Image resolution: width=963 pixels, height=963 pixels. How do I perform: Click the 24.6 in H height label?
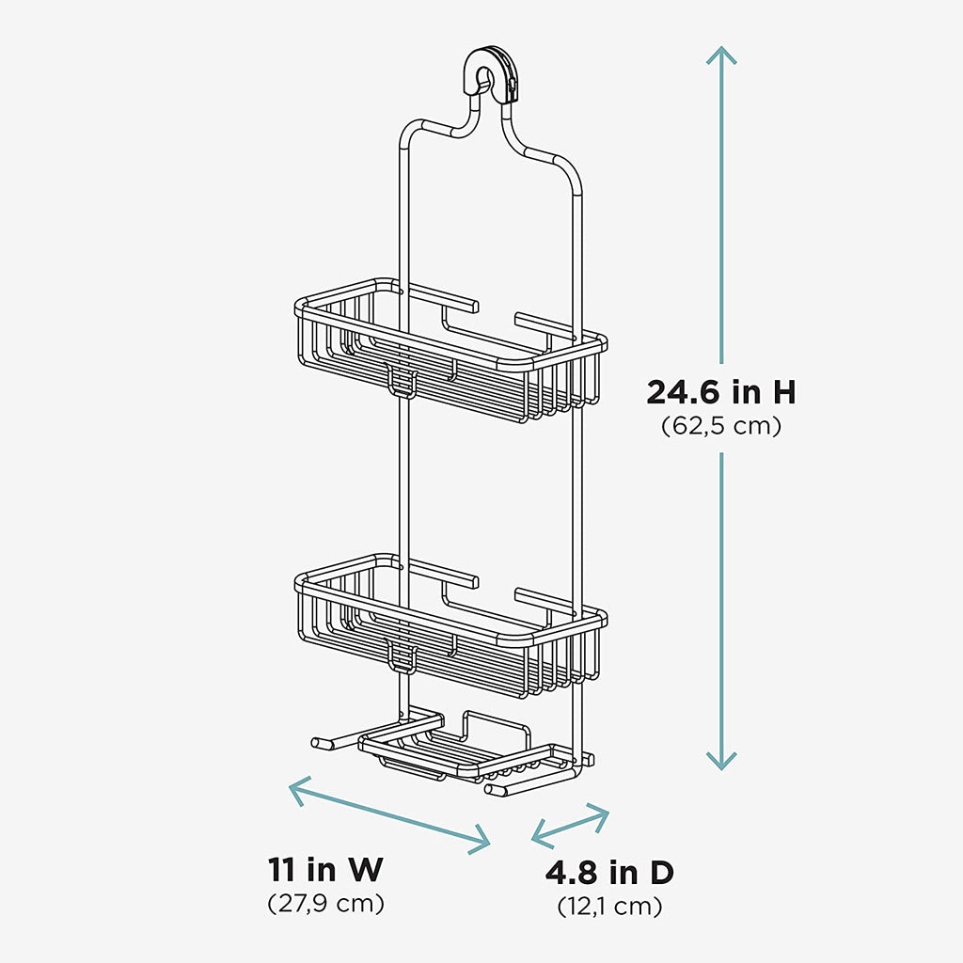pyautogui.click(x=720, y=392)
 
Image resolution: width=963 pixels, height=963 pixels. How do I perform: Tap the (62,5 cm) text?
pyautogui.click(x=720, y=426)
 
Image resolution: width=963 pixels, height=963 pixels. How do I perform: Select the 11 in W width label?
pyautogui.click(x=326, y=869)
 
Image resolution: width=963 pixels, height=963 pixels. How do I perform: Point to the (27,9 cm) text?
pyautogui.click(x=326, y=904)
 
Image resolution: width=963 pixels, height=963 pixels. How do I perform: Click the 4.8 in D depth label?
pyautogui.click(x=609, y=873)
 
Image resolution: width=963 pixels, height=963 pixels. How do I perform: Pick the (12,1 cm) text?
pyautogui.click(x=609, y=907)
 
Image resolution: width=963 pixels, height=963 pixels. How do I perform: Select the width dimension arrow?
pyautogui.click(x=389, y=814)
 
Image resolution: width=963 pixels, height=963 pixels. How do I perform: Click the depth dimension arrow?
pyautogui.click(x=570, y=825)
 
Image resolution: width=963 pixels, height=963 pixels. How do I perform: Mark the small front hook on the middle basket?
pyautogui.click(x=402, y=656)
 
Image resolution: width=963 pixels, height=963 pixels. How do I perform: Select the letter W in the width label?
pyautogui.click(x=365, y=869)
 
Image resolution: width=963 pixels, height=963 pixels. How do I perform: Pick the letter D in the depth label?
pyautogui.click(x=660, y=873)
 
